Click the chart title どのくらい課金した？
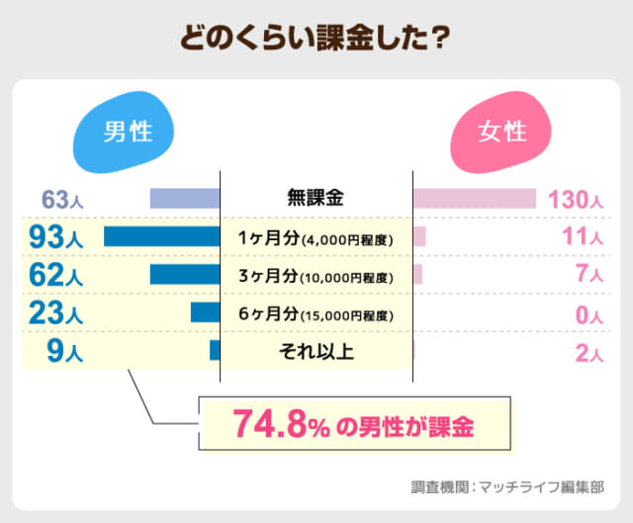tap(316, 38)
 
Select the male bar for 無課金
tap(185, 199)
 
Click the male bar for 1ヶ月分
tap(161, 236)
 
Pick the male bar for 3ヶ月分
tap(185, 275)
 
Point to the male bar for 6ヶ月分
tap(205, 313)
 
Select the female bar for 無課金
tap(474, 199)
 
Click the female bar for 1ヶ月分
tap(419, 236)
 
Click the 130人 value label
tap(574, 199)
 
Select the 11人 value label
tap(582, 237)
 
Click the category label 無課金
tap(316, 199)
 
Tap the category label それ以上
tap(316, 351)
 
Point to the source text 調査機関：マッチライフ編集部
tap(507, 486)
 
